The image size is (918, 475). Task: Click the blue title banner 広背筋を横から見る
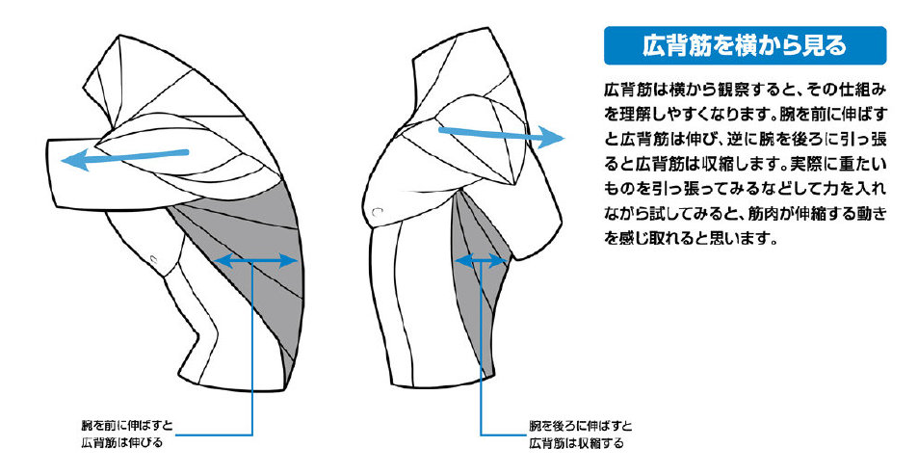pos(745,45)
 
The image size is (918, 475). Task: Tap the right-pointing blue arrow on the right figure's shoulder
pos(501,135)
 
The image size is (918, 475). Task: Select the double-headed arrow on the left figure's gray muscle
pos(257,261)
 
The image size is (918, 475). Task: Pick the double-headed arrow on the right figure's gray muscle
pos(480,261)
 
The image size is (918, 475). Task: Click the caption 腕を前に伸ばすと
pos(127,425)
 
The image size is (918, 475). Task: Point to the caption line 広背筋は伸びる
pos(121,443)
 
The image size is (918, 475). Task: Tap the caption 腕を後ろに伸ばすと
pos(580,425)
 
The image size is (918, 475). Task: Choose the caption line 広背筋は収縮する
pos(576,443)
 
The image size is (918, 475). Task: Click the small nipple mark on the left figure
pos(154,258)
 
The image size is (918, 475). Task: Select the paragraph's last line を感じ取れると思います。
pos(691,239)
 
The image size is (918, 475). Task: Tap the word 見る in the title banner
pos(827,45)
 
